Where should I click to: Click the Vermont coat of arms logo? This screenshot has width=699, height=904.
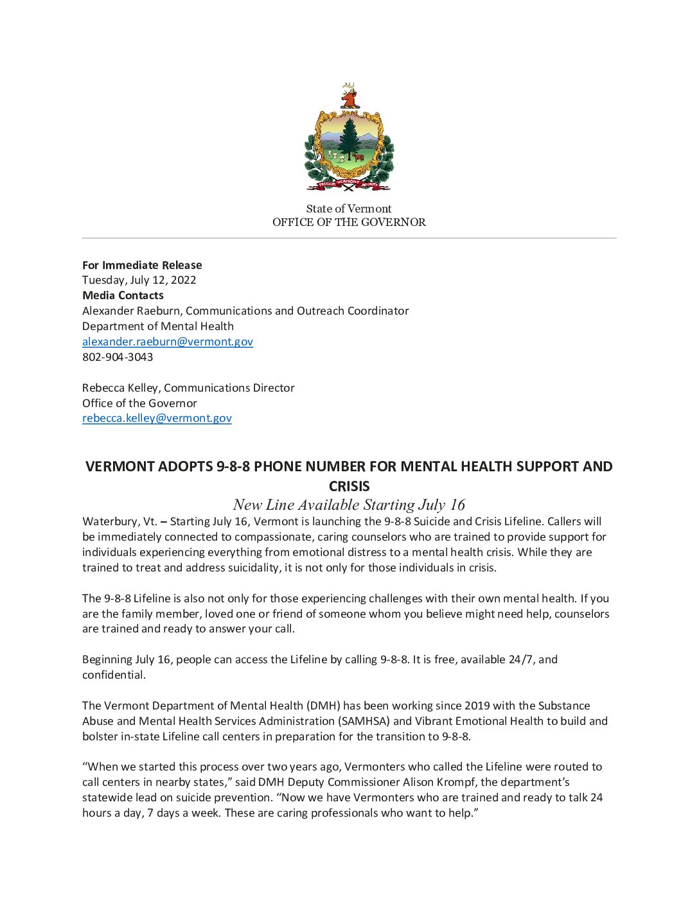[349, 138]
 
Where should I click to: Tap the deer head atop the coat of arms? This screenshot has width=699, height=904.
[349, 96]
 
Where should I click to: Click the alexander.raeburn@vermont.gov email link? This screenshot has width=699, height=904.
[168, 342]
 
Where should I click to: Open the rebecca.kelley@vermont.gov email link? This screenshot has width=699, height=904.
[157, 418]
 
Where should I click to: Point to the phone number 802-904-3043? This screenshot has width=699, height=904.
[118, 357]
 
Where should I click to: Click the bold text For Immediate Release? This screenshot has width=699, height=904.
[142, 265]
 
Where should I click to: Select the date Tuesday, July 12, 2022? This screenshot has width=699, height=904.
[139, 280]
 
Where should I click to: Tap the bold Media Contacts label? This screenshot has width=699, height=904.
[123, 295]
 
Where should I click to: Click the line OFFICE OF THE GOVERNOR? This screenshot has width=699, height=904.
[349, 222]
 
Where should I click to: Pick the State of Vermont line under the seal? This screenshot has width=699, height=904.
[349, 209]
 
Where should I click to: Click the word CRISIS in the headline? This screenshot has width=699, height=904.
[349, 486]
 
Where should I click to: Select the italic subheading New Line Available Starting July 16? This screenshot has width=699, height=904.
[349, 505]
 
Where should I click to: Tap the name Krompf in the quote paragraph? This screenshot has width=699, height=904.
[456, 782]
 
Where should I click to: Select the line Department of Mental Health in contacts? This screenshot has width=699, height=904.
[158, 326]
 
